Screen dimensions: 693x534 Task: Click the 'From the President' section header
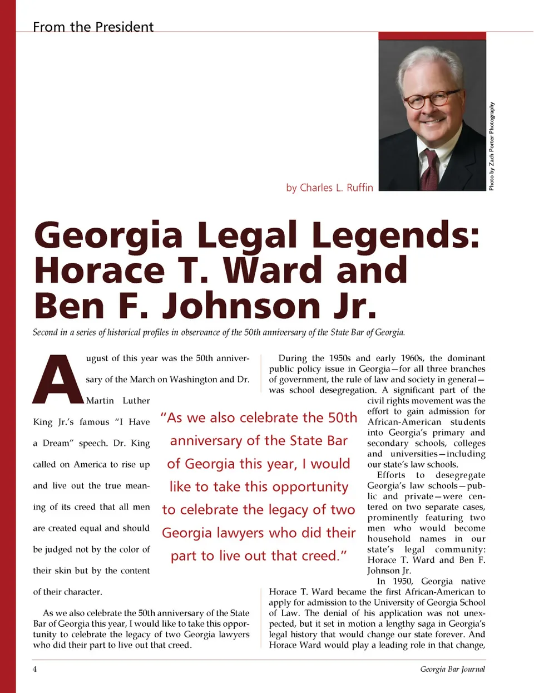93,27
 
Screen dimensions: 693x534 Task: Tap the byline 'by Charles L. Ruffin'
329,188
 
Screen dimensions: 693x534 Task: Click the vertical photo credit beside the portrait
492,146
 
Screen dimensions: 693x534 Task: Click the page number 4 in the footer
34,669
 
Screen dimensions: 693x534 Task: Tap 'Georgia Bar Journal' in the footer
452,669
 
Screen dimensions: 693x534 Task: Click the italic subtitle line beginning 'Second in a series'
219,332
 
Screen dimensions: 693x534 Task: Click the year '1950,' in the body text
402,581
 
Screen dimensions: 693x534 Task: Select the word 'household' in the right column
389,539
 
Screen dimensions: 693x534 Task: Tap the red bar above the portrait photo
432,36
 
